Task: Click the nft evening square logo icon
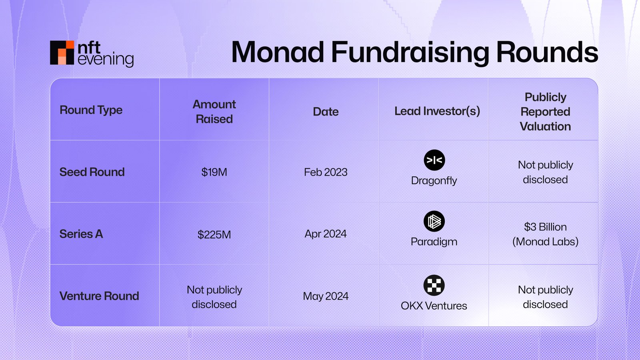coord(62,52)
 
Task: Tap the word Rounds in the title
coord(547,52)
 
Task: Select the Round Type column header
coord(91,110)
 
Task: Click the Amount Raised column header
coord(214,112)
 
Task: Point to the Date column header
coord(326,112)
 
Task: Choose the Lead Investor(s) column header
coord(437,111)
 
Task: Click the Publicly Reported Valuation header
coord(545,112)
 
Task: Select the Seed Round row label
coord(92,172)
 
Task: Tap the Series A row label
coord(81,234)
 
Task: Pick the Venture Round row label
coord(99,296)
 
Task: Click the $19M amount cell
coord(214,172)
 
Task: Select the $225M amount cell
coord(214,234)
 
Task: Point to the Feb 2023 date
coord(326,172)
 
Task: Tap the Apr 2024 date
coord(326,234)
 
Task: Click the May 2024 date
coord(326,296)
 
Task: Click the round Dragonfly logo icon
coord(434,160)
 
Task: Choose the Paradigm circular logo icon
coord(434,221)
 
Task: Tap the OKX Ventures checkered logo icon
coord(434,285)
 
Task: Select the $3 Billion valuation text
coord(545,227)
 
